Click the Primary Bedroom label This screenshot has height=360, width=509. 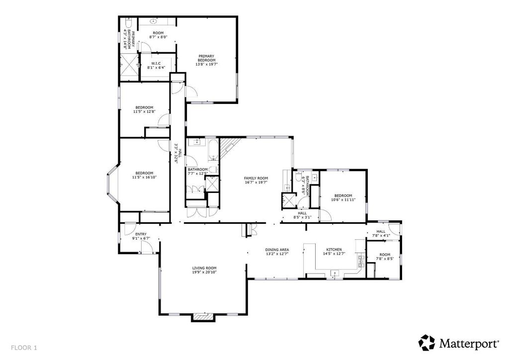click(x=206, y=58)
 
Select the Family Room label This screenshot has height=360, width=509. click(x=256, y=178)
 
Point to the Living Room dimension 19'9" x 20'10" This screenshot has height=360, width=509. click(x=204, y=272)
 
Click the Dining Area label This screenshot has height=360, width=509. click(x=277, y=250)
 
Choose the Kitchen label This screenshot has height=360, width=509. click(x=334, y=249)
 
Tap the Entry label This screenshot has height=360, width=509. click(x=141, y=234)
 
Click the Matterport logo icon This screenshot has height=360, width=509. click(x=426, y=343)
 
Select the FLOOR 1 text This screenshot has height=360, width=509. click(x=24, y=348)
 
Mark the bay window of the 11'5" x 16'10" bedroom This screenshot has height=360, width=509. click(x=113, y=184)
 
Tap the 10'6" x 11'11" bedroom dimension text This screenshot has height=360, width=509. click(x=343, y=200)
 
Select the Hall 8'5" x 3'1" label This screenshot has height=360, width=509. click(x=302, y=215)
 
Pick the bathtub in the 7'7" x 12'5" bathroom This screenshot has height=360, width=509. click(x=213, y=150)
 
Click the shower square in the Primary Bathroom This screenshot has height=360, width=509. click(x=129, y=65)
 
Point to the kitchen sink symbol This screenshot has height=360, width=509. click(x=335, y=273)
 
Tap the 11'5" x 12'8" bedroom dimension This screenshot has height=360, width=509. click(x=144, y=111)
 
